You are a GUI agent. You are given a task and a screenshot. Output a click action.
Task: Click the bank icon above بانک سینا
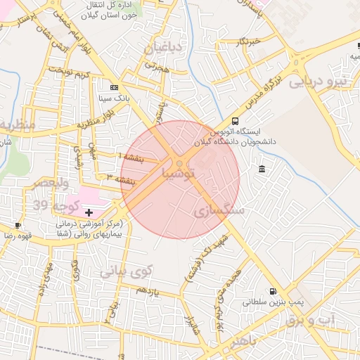pos(114,87)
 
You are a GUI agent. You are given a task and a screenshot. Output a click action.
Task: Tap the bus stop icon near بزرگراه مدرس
pos(234,121)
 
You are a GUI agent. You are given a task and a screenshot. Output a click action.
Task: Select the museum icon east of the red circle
pos(262,169)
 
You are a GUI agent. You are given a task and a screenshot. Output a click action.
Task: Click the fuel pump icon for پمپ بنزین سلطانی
pos(273,291)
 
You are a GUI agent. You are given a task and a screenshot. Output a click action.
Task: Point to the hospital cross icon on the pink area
pos(89,212)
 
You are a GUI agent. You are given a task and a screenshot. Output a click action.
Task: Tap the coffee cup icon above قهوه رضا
pos(18,226)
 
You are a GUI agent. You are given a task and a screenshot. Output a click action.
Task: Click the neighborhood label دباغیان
pos(163,49)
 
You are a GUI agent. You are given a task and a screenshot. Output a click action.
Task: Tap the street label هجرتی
pos(158,66)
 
